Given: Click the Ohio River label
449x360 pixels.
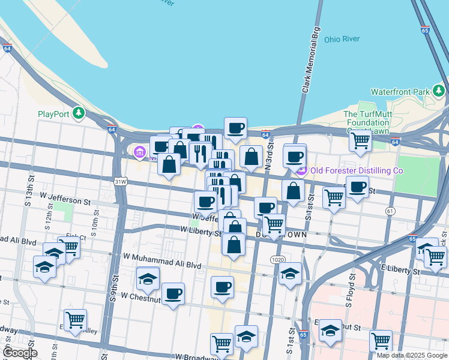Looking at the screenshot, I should click(x=342, y=39).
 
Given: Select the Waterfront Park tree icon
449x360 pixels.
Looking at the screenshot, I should click(x=439, y=91).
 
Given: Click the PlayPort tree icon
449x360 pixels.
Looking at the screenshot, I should click(x=78, y=113).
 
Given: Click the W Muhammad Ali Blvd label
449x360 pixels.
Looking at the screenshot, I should click(x=161, y=264).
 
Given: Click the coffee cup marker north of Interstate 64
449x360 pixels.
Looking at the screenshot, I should click(x=235, y=127).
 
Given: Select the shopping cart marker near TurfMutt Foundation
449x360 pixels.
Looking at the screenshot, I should click(x=360, y=140).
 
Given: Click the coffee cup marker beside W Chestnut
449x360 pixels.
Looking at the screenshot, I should click(x=173, y=293).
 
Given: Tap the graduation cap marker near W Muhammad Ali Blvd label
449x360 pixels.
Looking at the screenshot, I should click(x=148, y=277).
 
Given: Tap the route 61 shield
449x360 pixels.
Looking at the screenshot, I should click(x=391, y=211).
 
